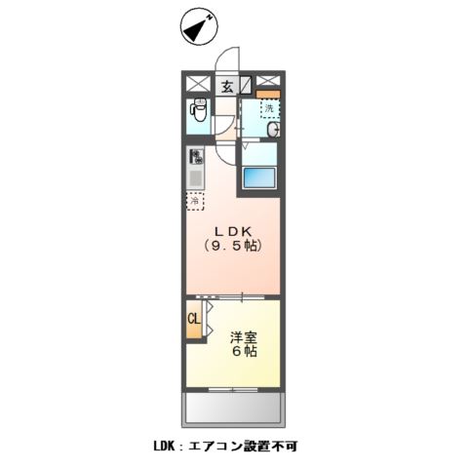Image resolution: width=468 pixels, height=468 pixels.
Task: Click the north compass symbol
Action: click(198, 28)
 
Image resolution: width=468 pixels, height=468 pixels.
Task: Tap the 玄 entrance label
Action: click(225, 87)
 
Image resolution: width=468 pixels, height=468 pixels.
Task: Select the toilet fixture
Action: click(198, 114)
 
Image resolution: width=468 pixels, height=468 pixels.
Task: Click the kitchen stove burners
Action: click(196, 156)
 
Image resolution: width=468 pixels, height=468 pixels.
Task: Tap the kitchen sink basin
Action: click(196, 179)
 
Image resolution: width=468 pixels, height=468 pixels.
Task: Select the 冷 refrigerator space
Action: click(196, 202)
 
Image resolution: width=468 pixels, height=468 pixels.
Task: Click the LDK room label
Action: click(235, 231)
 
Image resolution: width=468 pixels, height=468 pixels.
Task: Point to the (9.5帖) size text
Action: click(235, 248)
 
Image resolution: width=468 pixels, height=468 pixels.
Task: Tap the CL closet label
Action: click(194, 319)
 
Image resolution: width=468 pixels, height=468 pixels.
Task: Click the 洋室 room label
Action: click(243, 336)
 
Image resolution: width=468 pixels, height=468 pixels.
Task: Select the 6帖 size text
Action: click(244, 353)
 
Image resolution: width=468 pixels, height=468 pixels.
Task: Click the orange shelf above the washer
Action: click(268, 95)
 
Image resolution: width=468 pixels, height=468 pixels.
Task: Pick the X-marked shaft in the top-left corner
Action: click(197, 85)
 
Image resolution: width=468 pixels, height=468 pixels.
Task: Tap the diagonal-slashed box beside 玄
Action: click(245, 85)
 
